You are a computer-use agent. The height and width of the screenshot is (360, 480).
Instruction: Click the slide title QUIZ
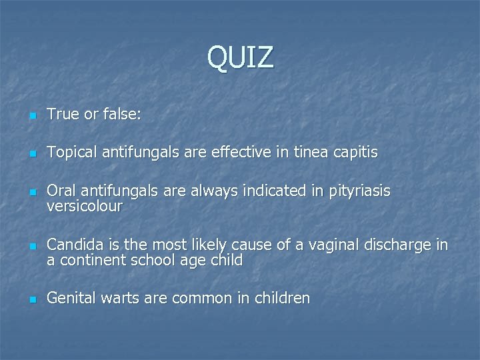click(x=240, y=57)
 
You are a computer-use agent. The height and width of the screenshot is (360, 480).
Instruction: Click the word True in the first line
click(x=61, y=115)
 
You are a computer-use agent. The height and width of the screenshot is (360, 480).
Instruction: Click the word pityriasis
click(x=359, y=192)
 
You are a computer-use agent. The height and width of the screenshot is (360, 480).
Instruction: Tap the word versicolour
click(x=85, y=207)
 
